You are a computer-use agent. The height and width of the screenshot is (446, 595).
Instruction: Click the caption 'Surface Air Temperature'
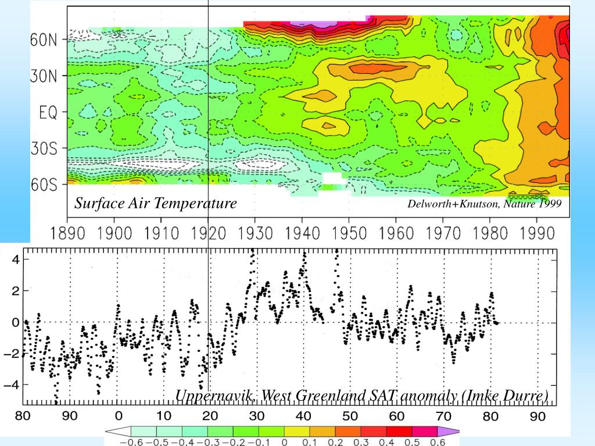(x=155, y=203)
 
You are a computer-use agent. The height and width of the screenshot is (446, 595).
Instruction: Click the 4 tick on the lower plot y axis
(x=16, y=259)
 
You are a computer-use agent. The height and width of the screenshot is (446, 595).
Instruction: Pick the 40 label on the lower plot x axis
(x=303, y=416)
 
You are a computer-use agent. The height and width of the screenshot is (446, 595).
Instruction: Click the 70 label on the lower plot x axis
(x=443, y=416)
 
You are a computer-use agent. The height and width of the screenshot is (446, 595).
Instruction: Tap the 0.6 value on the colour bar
(x=438, y=442)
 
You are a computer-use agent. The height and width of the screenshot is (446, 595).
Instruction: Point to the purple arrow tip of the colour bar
(x=456, y=431)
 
